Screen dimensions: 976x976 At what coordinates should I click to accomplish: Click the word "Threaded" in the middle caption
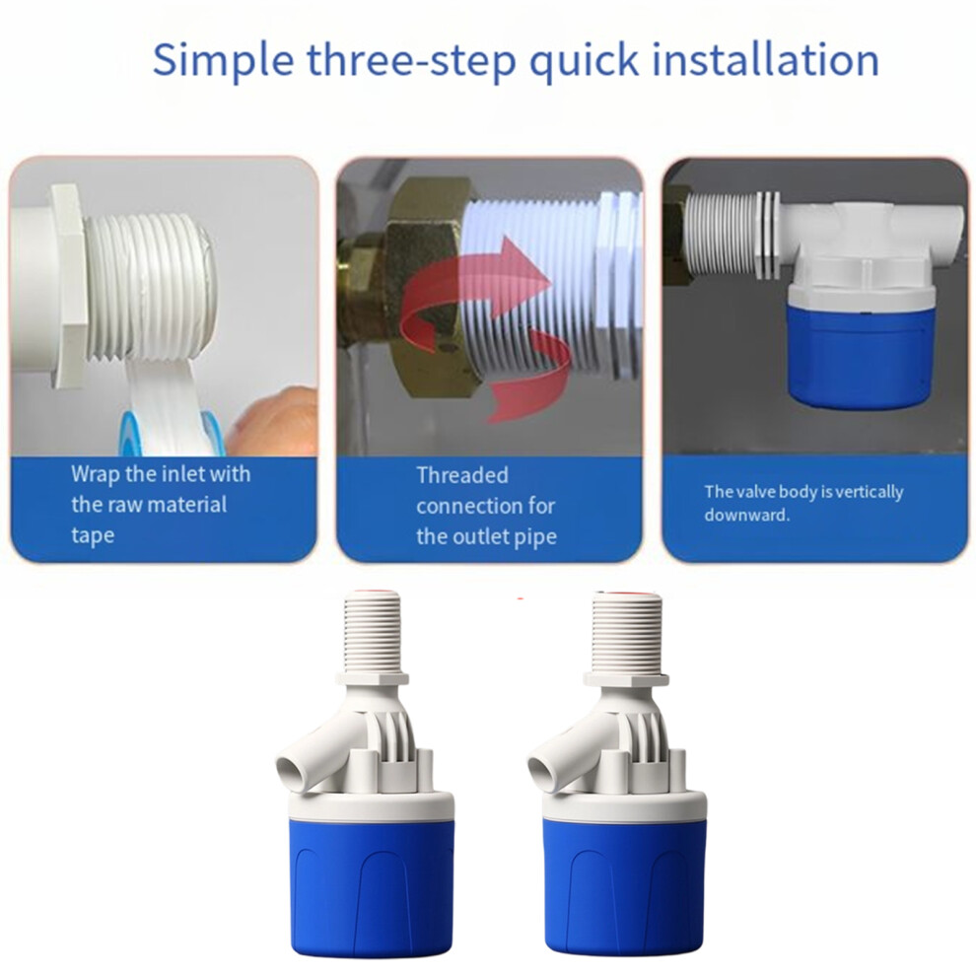click(461, 475)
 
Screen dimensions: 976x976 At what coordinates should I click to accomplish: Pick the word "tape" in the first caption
click(93, 536)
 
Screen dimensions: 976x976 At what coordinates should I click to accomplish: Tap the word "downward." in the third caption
click(747, 516)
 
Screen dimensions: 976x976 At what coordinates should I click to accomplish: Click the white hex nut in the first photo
click(68, 286)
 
